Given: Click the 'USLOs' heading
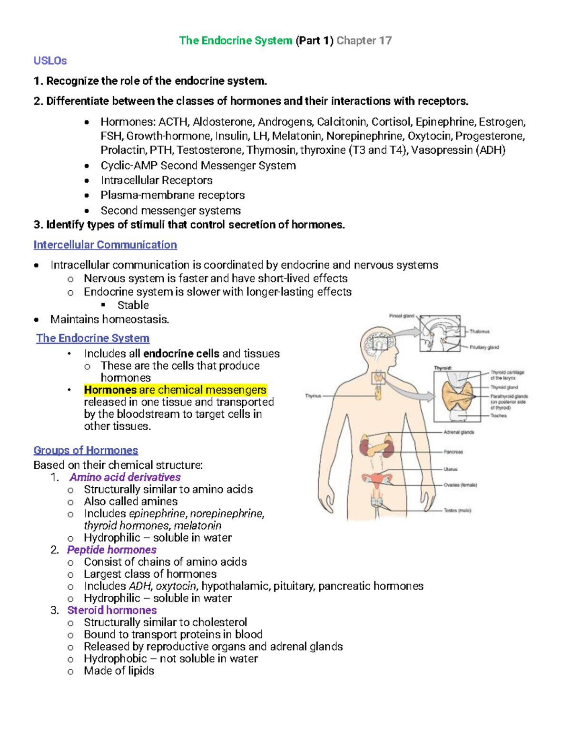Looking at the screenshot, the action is [50, 61].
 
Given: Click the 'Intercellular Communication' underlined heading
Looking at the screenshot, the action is [105, 245].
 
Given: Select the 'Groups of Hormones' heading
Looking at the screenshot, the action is [86, 450].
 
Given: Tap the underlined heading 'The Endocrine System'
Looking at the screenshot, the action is [93, 338].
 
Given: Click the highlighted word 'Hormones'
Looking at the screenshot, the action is [110, 390].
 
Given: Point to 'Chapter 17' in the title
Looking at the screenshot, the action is [364, 41].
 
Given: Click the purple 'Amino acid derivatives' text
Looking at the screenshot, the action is [125, 477].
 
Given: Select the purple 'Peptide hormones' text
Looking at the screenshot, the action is [112, 550].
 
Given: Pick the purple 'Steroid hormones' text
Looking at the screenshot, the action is [112, 611].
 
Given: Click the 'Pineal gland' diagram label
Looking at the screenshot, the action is [402, 316].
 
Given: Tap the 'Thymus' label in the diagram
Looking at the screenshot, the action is [313, 396].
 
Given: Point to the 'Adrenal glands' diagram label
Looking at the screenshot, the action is [459, 433].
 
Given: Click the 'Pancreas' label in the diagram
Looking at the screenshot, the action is [453, 452].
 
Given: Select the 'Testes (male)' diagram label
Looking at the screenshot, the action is [457, 511].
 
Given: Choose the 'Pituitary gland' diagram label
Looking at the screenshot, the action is [484, 347].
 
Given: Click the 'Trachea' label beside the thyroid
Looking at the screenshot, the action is [499, 416].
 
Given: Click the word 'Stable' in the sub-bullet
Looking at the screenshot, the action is [133, 305].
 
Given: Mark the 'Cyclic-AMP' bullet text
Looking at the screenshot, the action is [129, 166].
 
